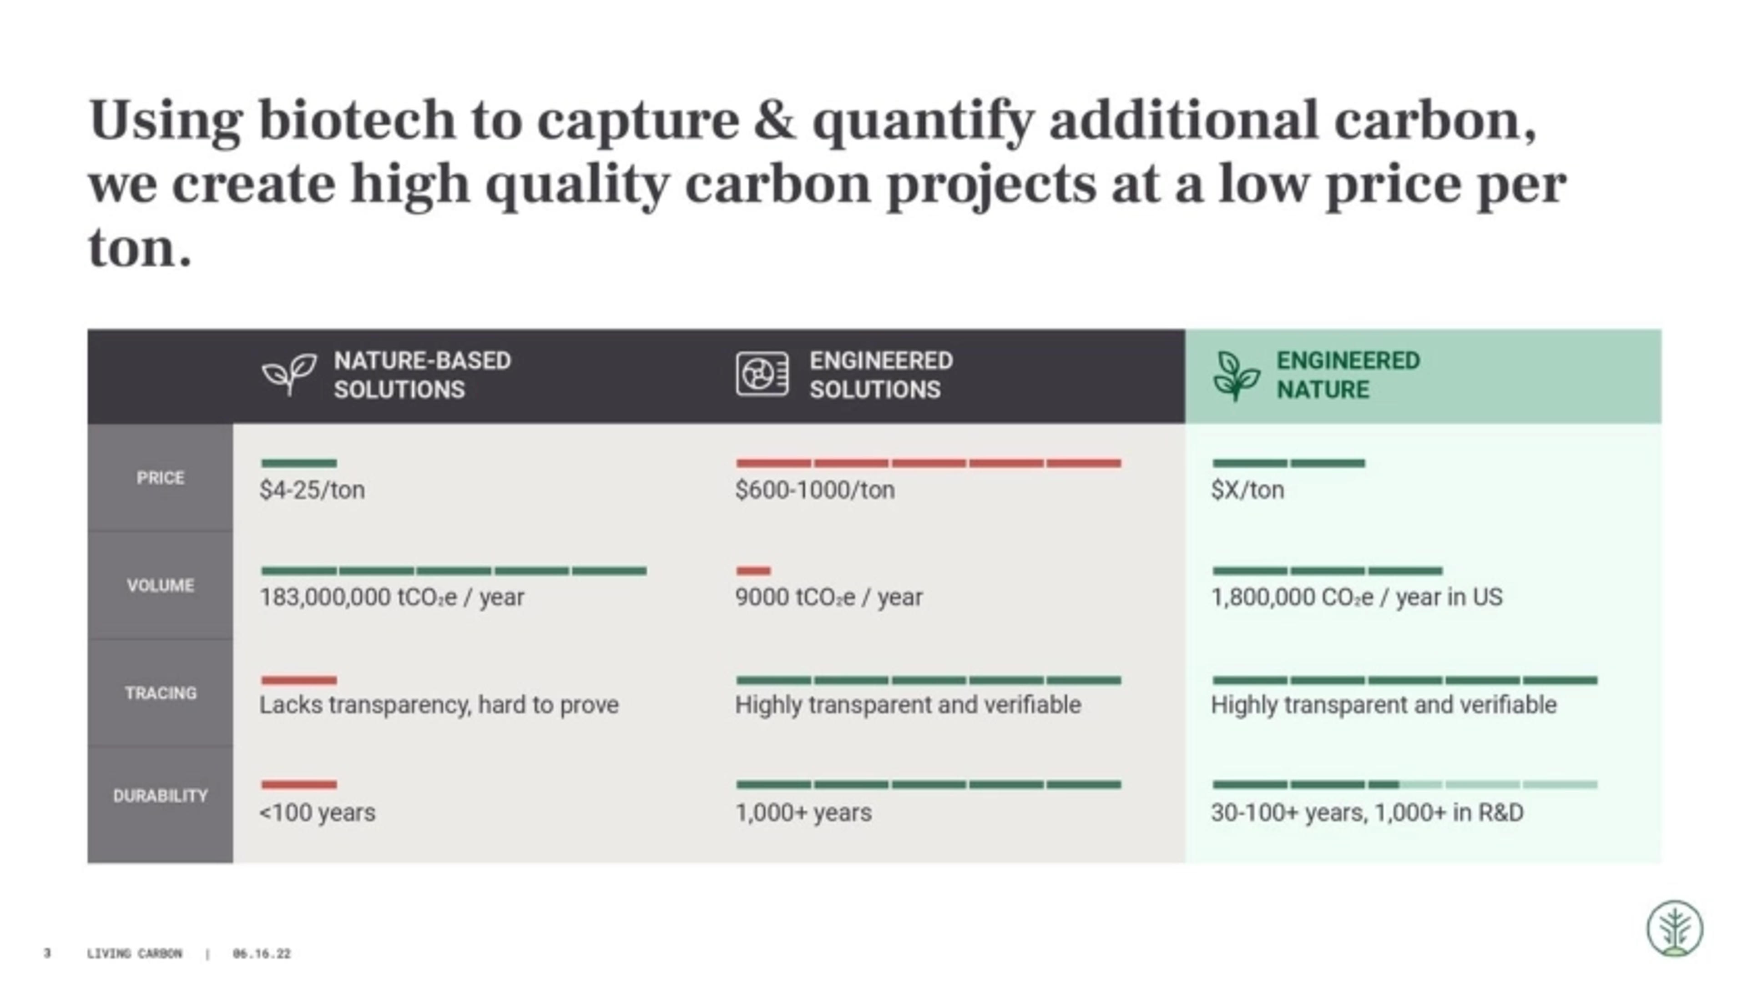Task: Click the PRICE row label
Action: coord(160,478)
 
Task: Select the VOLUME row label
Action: coord(160,585)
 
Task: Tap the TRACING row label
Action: coord(160,693)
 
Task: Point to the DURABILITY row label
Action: coord(160,795)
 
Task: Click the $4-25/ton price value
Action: coord(312,490)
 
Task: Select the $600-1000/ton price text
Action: coord(814,490)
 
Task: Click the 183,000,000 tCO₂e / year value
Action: coord(391,597)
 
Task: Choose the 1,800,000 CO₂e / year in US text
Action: coord(1356,597)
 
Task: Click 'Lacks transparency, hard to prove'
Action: coord(439,705)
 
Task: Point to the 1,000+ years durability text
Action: coord(803,812)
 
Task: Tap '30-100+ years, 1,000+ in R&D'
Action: coord(1367,812)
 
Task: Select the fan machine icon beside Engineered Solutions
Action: coord(762,374)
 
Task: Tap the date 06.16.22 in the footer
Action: coord(261,954)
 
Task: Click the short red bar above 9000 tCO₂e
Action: coord(753,571)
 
